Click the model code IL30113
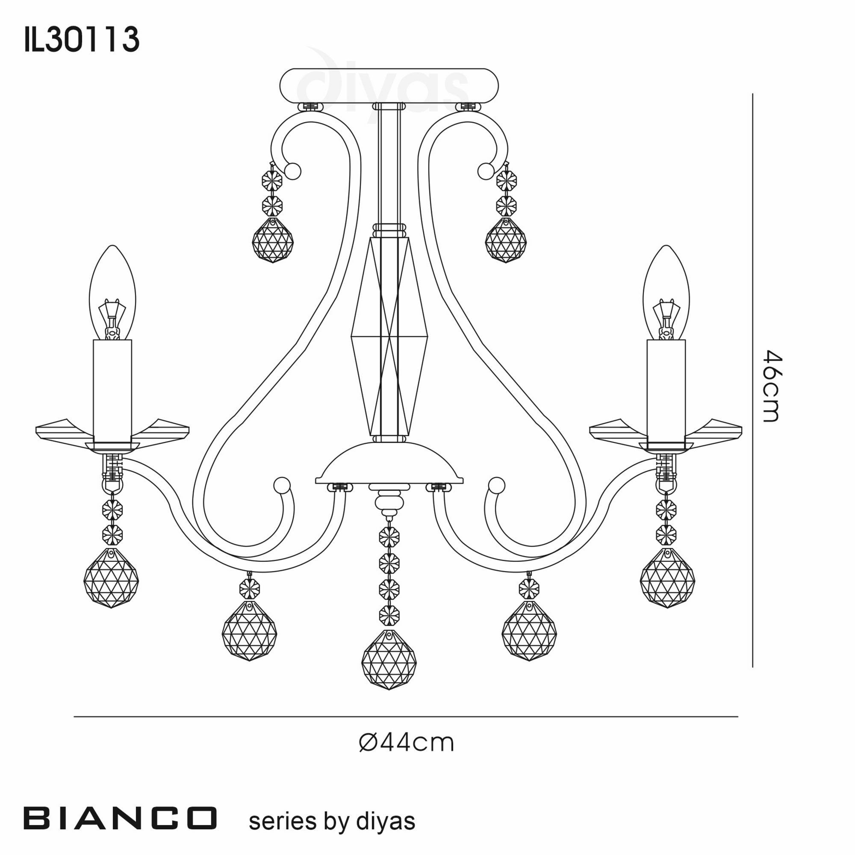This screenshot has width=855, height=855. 82,40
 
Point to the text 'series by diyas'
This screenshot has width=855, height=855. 332,821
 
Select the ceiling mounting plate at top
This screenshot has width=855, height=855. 389,85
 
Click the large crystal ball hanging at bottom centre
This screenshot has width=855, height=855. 389,659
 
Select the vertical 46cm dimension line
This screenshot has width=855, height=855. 753,380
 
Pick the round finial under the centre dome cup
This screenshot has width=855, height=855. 389,504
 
